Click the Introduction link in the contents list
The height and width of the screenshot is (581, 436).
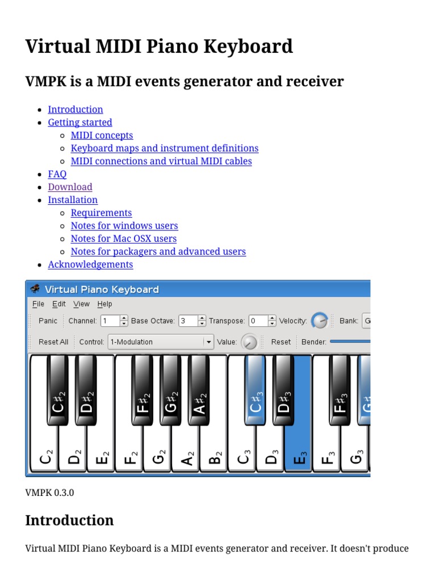pyautogui.click(x=76, y=110)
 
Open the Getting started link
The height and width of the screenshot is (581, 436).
pyautogui.click(x=80, y=123)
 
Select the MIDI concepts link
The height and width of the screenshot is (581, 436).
pyautogui.click(x=102, y=136)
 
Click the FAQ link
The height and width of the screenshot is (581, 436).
pyautogui.click(x=57, y=174)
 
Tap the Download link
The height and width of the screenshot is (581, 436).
pyautogui.click(x=70, y=187)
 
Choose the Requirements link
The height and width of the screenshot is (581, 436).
pyautogui.click(x=101, y=213)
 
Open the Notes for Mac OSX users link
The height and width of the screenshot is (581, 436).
pyautogui.click(x=123, y=239)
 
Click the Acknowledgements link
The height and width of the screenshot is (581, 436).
pyautogui.click(x=90, y=264)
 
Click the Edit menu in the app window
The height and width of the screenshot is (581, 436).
pyautogui.click(x=59, y=304)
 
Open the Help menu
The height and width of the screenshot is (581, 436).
pyautogui.click(x=104, y=304)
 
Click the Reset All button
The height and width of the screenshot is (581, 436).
pyautogui.click(x=53, y=342)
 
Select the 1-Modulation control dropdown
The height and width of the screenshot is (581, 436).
pyautogui.click(x=161, y=342)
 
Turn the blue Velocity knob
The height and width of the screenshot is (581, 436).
pyautogui.click(x=320, y=321)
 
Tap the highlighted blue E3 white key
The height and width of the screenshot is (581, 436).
pyautogui.click(x=299, y=448)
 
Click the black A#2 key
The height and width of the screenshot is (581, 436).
pyautogui.click(x=199, y=391)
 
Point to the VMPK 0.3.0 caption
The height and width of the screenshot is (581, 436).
pyautogui.click(x=49, y=492)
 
